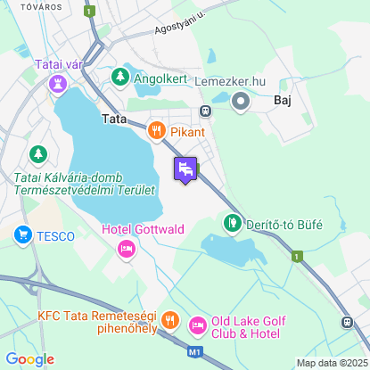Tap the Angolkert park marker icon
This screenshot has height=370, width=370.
[120, 78]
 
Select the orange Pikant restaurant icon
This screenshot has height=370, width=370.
[157, 132]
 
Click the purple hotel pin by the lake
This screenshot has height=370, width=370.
[185, 168]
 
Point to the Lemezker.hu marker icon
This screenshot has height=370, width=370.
[241, 102]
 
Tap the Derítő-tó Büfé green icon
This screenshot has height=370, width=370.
[232, 222]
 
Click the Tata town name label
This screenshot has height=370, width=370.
[115, 119]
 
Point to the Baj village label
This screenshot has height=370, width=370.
[284, 101]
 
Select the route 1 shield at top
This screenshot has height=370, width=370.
[89, 11]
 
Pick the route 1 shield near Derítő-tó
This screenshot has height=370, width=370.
[297, 256]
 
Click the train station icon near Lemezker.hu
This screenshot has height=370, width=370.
[206, 111]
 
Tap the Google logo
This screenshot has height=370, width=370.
[29, 359]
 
